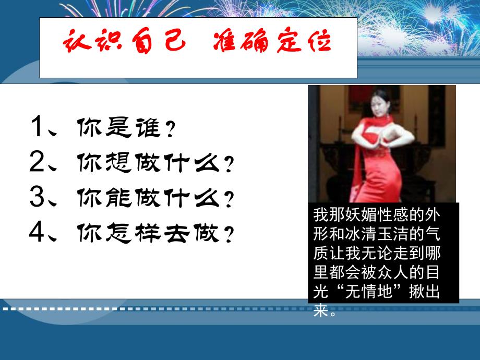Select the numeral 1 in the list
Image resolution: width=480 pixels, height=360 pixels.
tap(40, 127)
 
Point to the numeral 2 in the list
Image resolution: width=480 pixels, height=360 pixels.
tap(40, 163)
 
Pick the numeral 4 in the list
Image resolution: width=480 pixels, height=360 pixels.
tap(40, 232)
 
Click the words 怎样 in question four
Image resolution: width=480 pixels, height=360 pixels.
tap(137, 233)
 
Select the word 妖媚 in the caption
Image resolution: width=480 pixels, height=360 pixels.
tap(357, 214)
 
